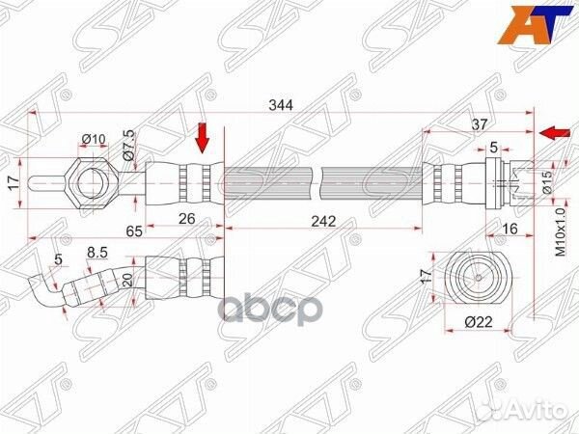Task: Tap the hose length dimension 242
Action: click(323, 221)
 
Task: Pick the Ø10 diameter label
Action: click(93, 140)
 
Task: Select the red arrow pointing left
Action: click(553, 132)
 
